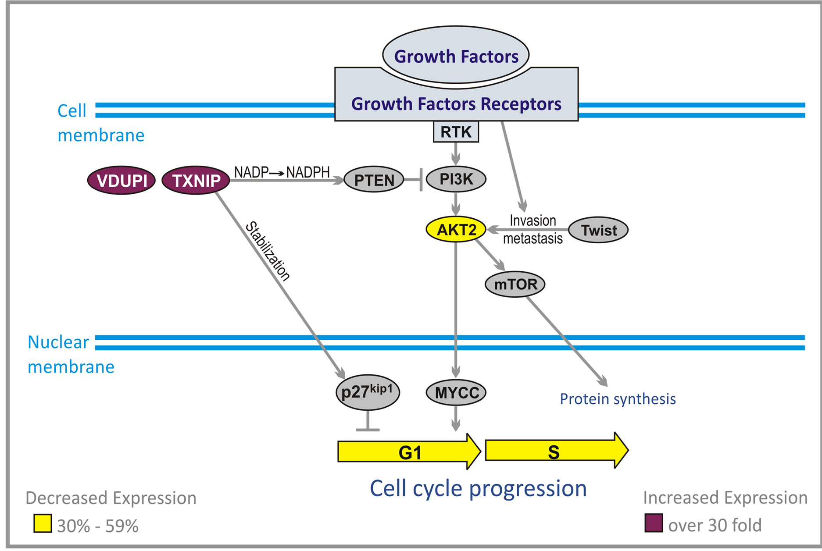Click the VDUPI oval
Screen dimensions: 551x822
coord(122,181)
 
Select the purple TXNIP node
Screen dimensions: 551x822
coord(196,181)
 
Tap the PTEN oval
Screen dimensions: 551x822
coord(374,180)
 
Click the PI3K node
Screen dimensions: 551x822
coord(456,179)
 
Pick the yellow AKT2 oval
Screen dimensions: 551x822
coord(456,230)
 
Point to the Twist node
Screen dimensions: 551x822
coord(598,230)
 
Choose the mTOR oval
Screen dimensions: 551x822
coord(515,284)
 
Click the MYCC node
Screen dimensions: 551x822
coord(456,393)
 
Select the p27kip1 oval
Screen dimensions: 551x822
coord(368,392)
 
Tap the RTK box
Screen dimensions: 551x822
coord(456,132)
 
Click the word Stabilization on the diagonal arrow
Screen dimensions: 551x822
coord(268,251)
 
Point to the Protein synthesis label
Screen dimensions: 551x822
coord(618,399)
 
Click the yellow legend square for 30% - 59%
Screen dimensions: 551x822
coord(43,523)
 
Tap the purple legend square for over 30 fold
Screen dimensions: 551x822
coord(654,523)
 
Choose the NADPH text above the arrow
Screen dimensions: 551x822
coord(308,172)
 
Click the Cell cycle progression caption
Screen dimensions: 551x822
coord(478,488)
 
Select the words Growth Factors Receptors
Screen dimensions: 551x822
coord(456,104)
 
